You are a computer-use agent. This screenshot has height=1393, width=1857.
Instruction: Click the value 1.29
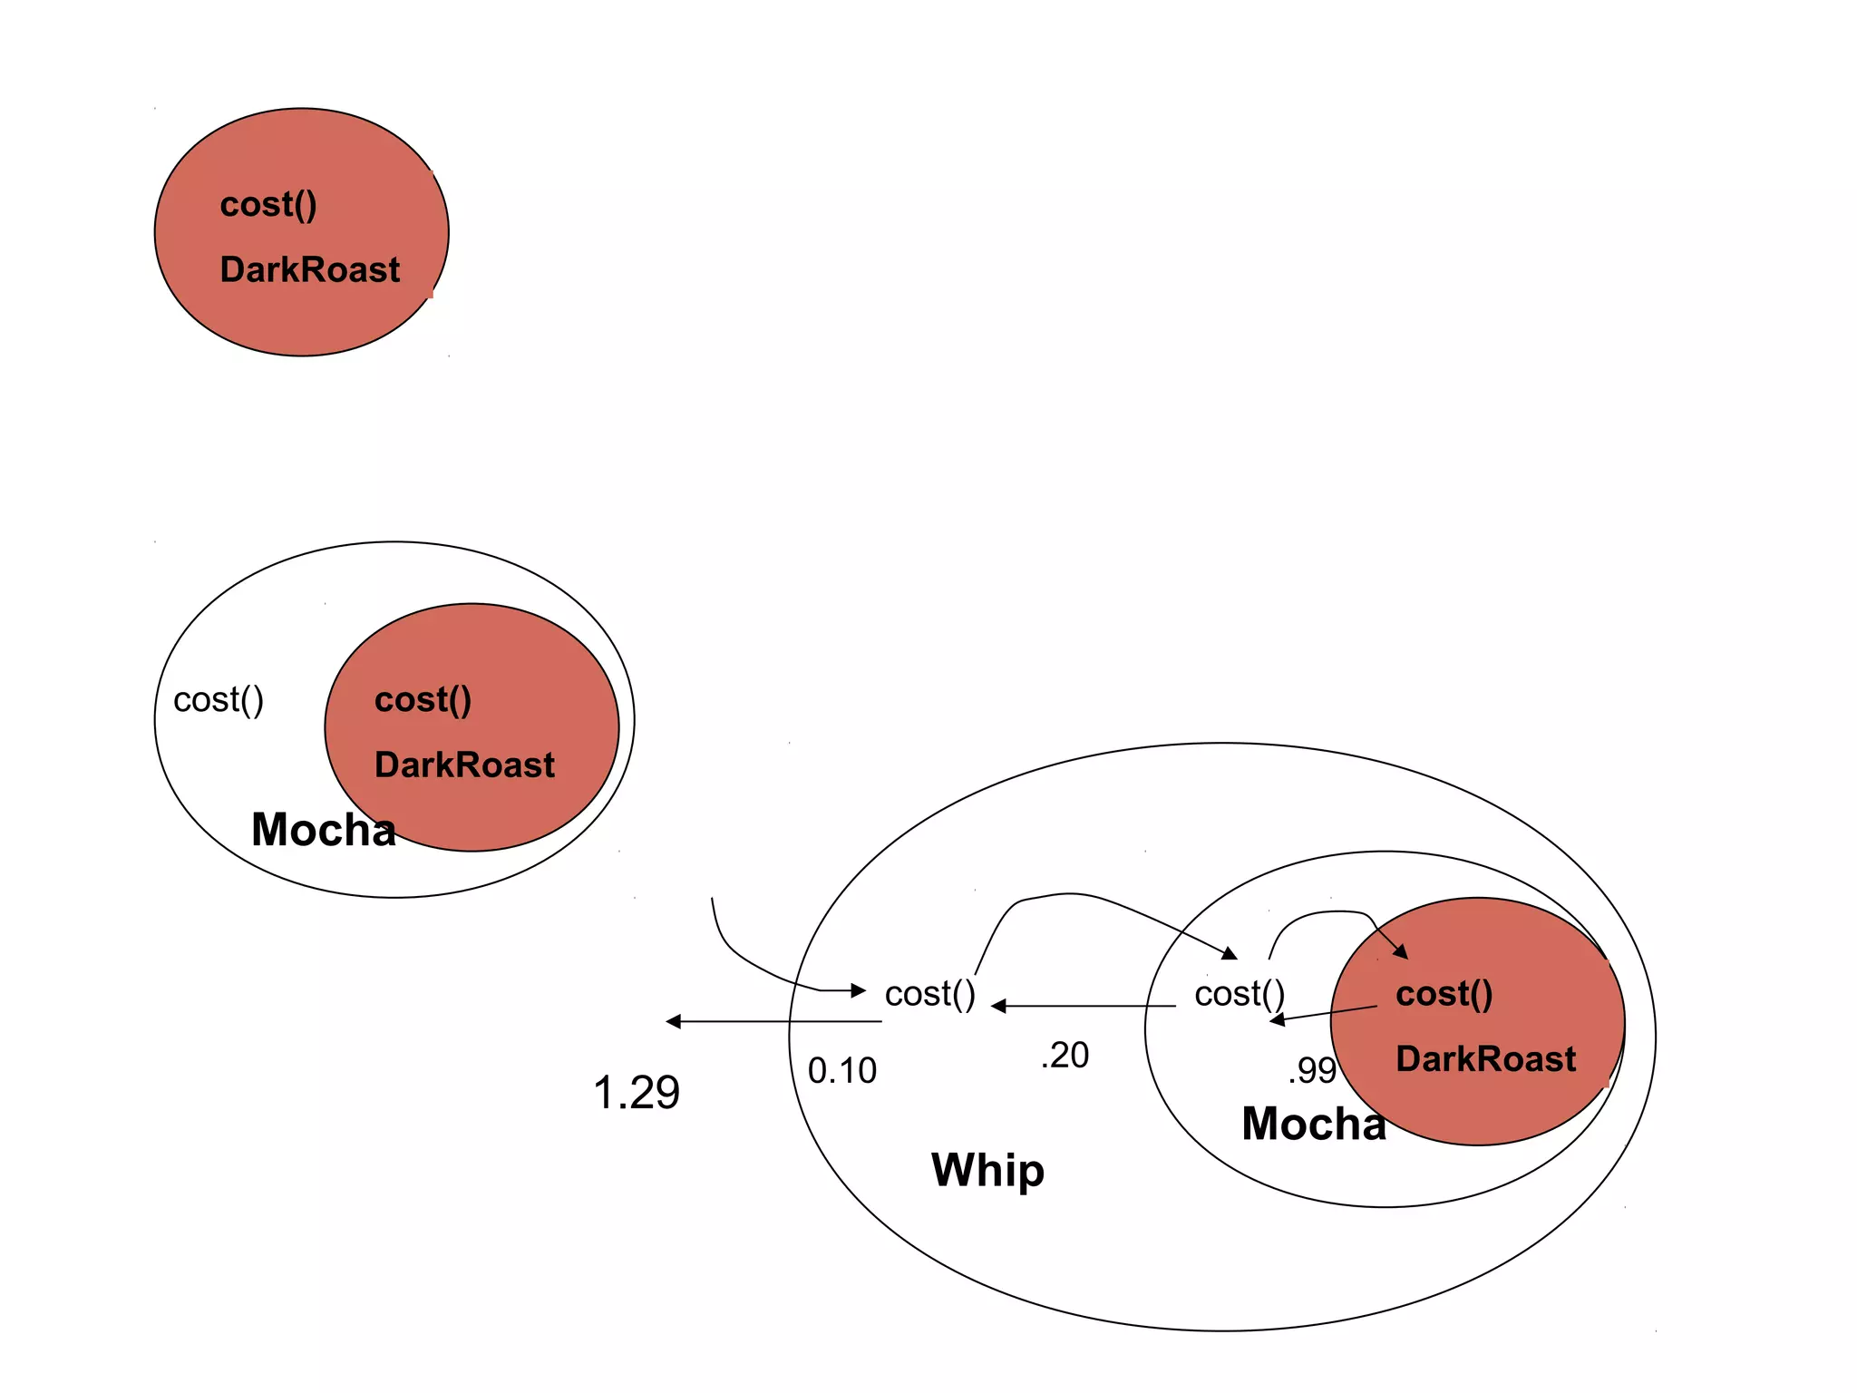click(x=637, y=1093)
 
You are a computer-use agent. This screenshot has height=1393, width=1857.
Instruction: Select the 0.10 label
click(x=842, y=1071)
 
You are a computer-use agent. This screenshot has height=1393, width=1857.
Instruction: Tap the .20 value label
click(x=1065, y=1056)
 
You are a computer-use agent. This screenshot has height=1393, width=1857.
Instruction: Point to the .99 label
click(x=1312, y=1071)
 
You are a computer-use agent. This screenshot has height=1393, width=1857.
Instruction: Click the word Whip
click(x=987, y=1170)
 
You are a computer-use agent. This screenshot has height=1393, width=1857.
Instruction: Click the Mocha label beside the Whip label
click(x=1313, y=1124)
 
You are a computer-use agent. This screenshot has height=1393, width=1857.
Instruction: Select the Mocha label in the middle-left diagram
click(x=324, y=830)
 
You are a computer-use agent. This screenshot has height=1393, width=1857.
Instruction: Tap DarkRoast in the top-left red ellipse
click(x=310, y=270)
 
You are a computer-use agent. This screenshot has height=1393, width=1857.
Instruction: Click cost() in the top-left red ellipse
click(x=268, y=205)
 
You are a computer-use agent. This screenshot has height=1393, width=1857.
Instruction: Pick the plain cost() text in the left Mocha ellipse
click(x=219, y=700)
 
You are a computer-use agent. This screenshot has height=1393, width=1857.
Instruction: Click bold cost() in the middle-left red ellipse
click(x=423, y=700)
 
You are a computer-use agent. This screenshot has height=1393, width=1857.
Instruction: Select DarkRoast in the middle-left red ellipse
click(x=464, y=765)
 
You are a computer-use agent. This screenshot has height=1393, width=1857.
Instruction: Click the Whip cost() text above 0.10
click(x=930, y=994)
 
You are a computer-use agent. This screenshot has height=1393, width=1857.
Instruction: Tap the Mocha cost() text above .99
click(x=1240, y=994)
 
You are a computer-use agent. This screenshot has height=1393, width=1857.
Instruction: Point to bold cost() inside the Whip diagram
click(x=1444, y=994)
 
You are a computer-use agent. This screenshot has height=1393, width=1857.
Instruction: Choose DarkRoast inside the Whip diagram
click(x=1486, y=1059)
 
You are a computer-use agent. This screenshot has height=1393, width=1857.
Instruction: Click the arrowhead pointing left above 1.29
click(x=674, y=1022)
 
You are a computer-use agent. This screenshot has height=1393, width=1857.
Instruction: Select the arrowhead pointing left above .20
click(x=999, y=1007)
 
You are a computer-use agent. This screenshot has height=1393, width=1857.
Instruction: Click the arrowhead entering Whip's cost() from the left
click(x=859, y=990)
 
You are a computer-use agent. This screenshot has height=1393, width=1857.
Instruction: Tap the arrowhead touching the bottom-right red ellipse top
click(x=1401, y=951)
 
